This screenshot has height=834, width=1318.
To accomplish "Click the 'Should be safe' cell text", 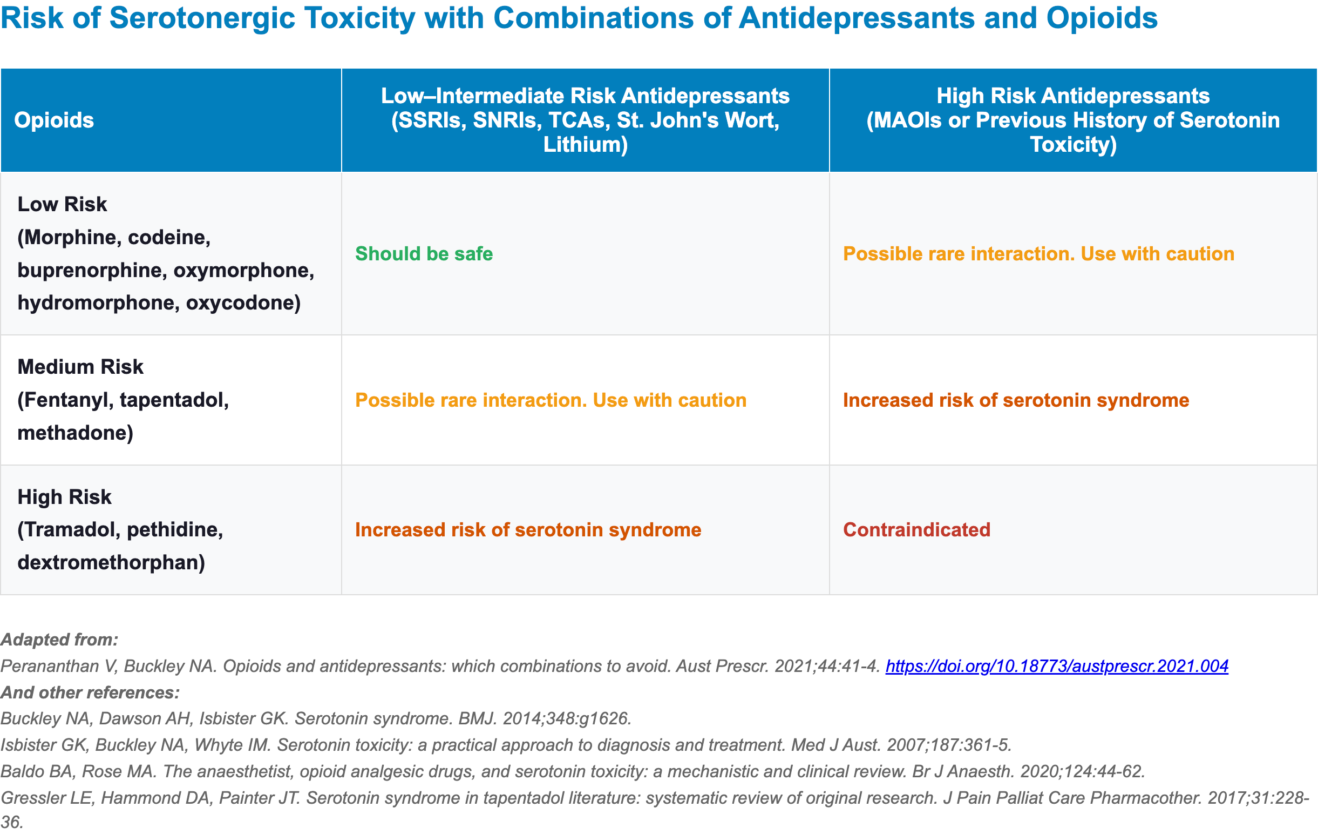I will tap(424, 253).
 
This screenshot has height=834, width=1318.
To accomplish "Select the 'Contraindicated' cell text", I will tap(916, 529).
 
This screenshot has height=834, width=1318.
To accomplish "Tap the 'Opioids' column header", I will tap(53, 120).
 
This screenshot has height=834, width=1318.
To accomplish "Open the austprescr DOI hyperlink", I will tap(1057, 666).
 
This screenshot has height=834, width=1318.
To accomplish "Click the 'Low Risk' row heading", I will tap(62, 204).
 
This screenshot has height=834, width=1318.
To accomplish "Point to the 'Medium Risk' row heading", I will tap(80, 367).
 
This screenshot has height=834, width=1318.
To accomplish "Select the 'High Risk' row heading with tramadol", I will tap(64, 497).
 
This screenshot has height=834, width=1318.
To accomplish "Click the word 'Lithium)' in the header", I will tap(585, 145).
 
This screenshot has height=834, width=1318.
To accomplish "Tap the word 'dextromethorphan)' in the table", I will tap(111, 562).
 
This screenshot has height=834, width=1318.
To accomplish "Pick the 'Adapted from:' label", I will tap(59, 640).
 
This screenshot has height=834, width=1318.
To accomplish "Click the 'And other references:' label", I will tap(90, 692).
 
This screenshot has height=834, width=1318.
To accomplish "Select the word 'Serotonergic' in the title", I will tap(202, 18).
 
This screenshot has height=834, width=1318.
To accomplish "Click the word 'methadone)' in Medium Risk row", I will tap(75, 433).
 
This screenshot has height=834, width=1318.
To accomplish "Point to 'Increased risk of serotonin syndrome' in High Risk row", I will tap(528, 529).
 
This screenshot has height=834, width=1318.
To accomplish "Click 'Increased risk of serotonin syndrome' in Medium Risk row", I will tap(1016, 400).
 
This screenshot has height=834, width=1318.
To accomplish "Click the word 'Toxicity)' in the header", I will tap(1073, 145).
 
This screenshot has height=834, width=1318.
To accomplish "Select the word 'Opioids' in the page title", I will tap(1102, 18).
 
